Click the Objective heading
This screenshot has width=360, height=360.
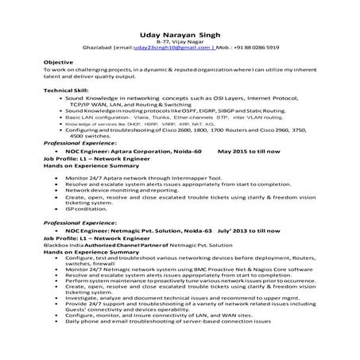coord(58,62)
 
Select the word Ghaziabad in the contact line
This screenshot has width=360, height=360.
coord(99,47)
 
